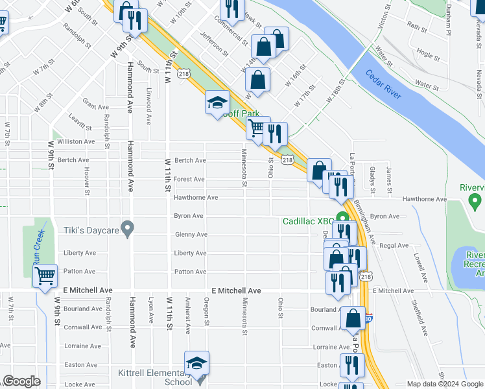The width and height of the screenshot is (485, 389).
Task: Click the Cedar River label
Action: click(383, 84)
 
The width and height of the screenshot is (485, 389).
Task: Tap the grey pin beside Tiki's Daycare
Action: click(128, 228)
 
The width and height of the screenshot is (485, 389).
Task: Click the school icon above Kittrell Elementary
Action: click(197, 364)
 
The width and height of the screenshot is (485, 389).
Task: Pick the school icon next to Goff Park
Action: click(218, 102)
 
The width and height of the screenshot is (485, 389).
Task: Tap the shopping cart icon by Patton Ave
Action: click(45, 276)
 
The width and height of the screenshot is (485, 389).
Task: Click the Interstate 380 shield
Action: click(368, 318)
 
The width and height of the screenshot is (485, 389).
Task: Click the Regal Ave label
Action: click(394, 246)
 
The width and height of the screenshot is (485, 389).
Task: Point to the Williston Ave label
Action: click(76, 141)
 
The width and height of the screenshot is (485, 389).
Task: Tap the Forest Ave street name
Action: click(189, 179)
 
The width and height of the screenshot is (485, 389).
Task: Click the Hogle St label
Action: click(429, 56)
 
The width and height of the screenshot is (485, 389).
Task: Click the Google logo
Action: click(21, 381)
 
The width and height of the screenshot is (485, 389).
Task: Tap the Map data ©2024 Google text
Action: click(444, 384)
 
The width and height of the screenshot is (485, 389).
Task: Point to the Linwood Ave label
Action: click(149, 106)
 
